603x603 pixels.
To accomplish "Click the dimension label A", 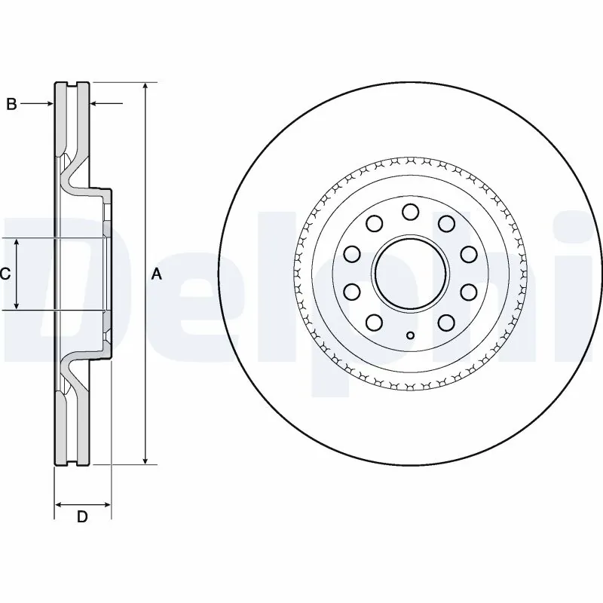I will pyautogui.click(x=157, y=274).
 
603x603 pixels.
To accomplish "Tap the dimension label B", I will pyautogui.click(x=11, y=104).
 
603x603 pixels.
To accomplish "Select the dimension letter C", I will pyautogui.click(x=5, y=274).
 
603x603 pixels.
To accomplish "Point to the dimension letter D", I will pyautogui.click(x=83, y=516).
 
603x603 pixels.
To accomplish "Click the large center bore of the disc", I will pyautogui.click(x=410, y=273).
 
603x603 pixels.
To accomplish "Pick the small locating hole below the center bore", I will pyautogui.click(x=410, y=335).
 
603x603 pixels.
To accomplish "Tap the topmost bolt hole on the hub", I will pyautogui.click(x=410, y=211).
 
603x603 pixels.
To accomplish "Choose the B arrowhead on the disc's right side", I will pyautogui.click(x=94, y=104).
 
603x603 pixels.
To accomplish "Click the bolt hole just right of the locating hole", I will pyautogui.click(x=446, y=323).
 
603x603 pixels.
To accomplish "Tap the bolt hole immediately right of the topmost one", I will pyautogui.click(x=446, y=223).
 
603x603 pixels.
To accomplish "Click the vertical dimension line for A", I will pyautogui.click(x=145, y=188).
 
